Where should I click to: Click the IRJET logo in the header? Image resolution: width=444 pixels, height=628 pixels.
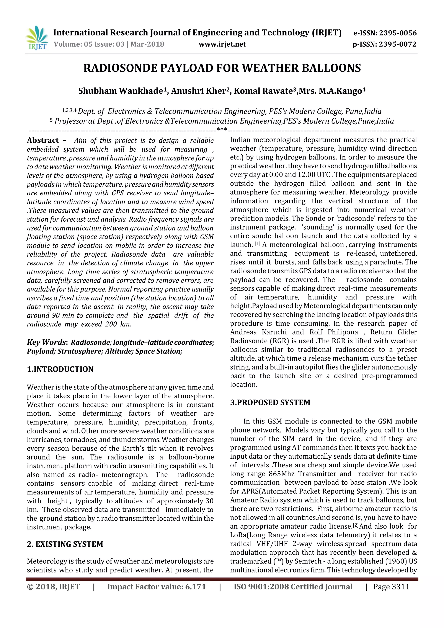pos(37,38)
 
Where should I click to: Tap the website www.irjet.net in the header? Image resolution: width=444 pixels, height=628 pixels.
pos(222,44)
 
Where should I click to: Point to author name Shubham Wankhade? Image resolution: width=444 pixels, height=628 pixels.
pos(121,91)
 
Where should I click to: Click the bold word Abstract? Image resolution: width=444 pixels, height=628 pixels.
pos(43,140)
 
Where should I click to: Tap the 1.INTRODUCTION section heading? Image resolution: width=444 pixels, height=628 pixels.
pos(60,369)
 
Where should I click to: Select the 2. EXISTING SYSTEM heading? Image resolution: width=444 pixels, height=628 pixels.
pos(65,544)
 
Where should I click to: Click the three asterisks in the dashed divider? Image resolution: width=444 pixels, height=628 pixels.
pos(222,129)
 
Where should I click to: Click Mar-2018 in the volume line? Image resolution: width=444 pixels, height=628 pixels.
pos(147,44)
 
